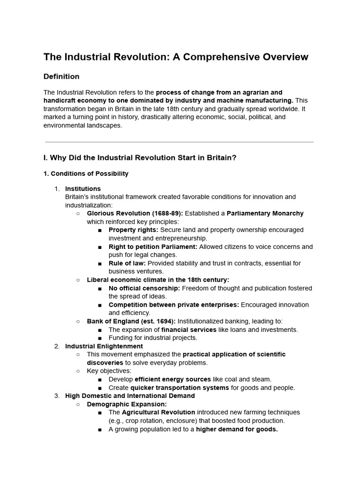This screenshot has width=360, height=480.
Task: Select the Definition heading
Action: (x=61, y=76)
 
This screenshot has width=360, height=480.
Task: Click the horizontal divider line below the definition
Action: (x=180, y=142)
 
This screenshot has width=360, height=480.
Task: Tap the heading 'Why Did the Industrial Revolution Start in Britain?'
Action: (x=140, y=157)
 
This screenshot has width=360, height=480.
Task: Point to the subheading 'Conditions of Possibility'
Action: (x=86, y=173)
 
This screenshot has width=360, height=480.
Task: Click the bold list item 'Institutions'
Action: (x=82, y=188)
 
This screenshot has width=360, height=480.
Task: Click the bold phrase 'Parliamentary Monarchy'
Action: (x=265, y=213)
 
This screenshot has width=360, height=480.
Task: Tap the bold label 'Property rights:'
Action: (x=134, y=230)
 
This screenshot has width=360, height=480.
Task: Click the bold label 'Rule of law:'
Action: (x=127, y=263)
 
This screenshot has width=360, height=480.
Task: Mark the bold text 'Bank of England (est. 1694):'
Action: (x=131, y=321)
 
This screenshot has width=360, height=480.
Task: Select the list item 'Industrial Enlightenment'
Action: (x=104, y=346)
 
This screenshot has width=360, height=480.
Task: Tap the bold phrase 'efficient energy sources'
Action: (x=172, y=379)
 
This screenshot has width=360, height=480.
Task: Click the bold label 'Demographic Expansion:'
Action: (x=127, y=404)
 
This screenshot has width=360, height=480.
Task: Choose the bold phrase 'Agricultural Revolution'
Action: (x=158, y=412)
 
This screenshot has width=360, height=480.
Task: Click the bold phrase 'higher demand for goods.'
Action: (x=237, y=429)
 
